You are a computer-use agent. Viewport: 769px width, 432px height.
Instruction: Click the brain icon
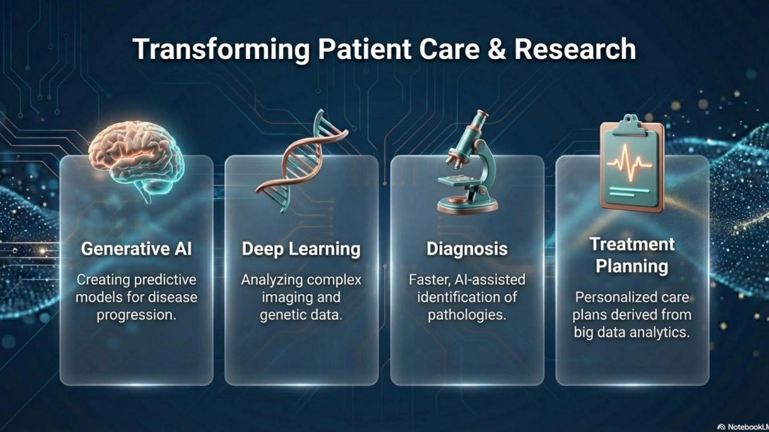tap(136, 158)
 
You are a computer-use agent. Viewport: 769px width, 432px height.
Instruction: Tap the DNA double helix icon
tap(301, 161)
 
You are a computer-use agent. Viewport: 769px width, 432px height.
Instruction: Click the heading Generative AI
tap(136, 249)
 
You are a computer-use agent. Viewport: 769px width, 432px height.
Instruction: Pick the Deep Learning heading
tap(301, 249)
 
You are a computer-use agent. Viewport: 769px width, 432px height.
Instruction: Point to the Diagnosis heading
tap(467, 249)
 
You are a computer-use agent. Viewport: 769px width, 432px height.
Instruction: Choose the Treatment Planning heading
tap(632, 255)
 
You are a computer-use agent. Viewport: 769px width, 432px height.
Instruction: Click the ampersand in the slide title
tap(496, 49)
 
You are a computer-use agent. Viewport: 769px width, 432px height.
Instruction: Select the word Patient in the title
tap(365, 49)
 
